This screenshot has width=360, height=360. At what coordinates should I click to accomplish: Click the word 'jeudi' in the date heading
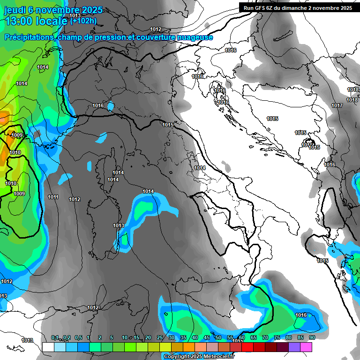click(x=15, y=10)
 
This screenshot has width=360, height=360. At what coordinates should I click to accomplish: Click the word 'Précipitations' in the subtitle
click(x=29, y=37)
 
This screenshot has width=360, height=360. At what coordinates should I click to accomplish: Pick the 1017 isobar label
click(x=337, y=105)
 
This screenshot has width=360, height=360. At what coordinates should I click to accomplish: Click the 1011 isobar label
click(x=53, y=197)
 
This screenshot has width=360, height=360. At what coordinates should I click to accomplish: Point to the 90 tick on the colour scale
click(x=312, y=338)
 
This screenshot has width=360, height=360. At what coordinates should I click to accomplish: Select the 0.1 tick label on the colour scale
click(x=55, y=338)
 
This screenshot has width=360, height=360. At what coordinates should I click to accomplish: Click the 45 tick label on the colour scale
click(x=206, y=338)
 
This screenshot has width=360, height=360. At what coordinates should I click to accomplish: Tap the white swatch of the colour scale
click(x=48, y=347)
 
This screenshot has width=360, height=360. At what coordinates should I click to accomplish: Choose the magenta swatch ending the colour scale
click(x=307, y=347)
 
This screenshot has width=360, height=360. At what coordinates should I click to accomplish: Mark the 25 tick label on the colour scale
click(x=159, y=338)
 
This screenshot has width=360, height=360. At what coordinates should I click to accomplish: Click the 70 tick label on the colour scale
click(x=265, y=338)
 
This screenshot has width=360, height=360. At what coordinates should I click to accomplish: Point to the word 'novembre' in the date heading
click(x=57, y=10)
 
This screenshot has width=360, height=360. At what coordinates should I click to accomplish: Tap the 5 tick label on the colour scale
click(x=112, y=338)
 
